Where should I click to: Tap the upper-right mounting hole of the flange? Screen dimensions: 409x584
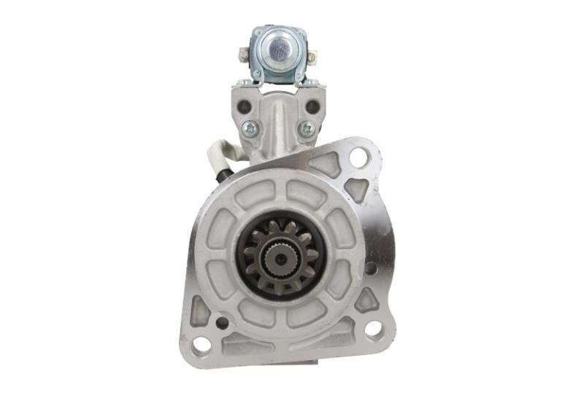[358, 155]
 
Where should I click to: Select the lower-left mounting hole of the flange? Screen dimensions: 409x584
[201, 345]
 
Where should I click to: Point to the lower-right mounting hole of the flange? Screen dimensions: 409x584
[372, 329]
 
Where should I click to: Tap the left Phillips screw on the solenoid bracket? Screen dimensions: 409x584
[250, 129]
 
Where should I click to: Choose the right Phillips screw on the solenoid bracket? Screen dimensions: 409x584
[307, 129]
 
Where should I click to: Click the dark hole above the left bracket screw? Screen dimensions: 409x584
[245, 107]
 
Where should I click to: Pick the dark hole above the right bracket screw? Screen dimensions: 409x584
[312, 107]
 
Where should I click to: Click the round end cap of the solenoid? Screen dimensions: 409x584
[278, 50]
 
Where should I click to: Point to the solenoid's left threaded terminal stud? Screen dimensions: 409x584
[243, 53]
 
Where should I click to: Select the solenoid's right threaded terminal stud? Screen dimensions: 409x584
[312, 56]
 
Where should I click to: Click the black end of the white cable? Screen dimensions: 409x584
[227, 174]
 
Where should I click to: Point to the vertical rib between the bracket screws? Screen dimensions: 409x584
[279, 124]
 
